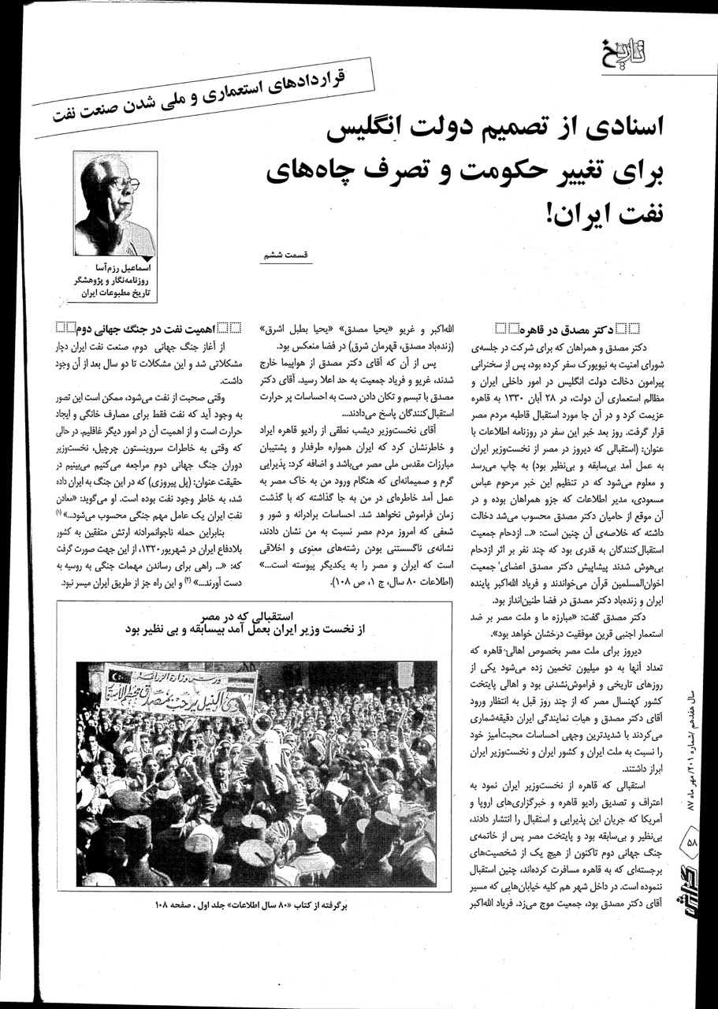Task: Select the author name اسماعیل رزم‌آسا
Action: click(x=122, y=269)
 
